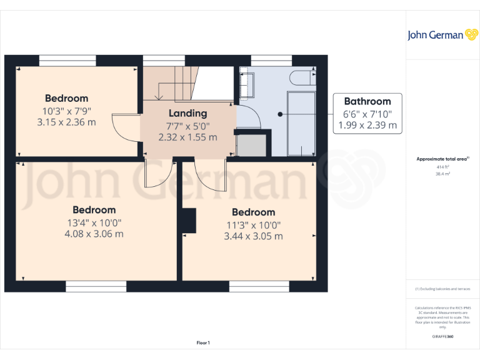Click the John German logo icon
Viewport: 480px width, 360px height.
471,34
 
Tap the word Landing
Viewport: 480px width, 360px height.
187,113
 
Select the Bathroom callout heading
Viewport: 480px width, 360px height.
367,101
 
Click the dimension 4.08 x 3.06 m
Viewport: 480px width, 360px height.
94,234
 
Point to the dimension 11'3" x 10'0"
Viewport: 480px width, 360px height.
253,225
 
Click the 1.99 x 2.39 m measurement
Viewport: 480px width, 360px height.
367,125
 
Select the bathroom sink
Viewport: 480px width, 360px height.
246,84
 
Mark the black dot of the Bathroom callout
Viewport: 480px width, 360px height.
280,114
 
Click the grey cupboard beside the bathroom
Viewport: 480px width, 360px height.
252,144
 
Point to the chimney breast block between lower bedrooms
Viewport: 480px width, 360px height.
188,221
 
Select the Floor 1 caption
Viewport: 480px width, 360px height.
203,342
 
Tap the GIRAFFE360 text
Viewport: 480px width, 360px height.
442,337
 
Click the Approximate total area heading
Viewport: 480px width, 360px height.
441,159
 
